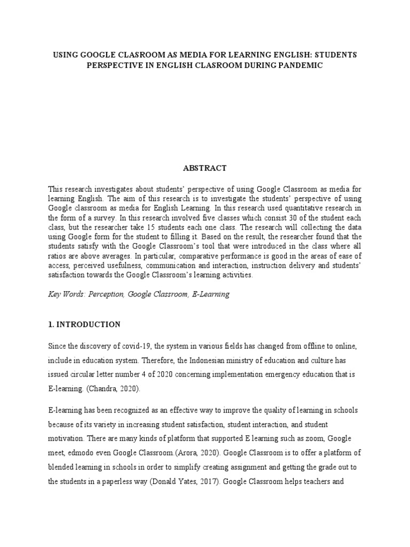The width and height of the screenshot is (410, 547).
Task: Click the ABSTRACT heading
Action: tap(204, 168)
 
